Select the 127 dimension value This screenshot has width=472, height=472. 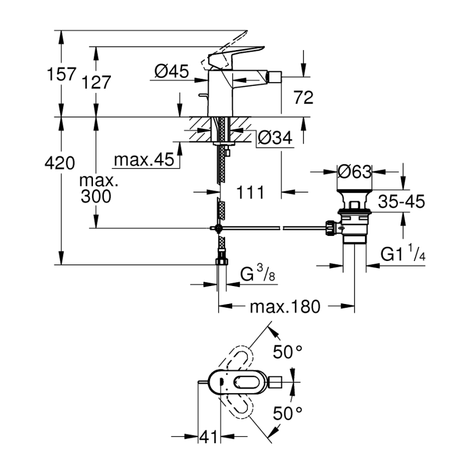(x=97, y=82)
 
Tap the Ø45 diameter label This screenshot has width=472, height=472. (x=171, y=71)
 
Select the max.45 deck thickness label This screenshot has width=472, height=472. (x=144, y=160)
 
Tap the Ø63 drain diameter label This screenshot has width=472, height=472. (x=354, y=172)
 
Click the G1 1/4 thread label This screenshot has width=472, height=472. (x=402, y=254)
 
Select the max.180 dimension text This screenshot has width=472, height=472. (x=284, y=307)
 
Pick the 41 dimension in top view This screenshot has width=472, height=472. (x=209, y=436)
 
